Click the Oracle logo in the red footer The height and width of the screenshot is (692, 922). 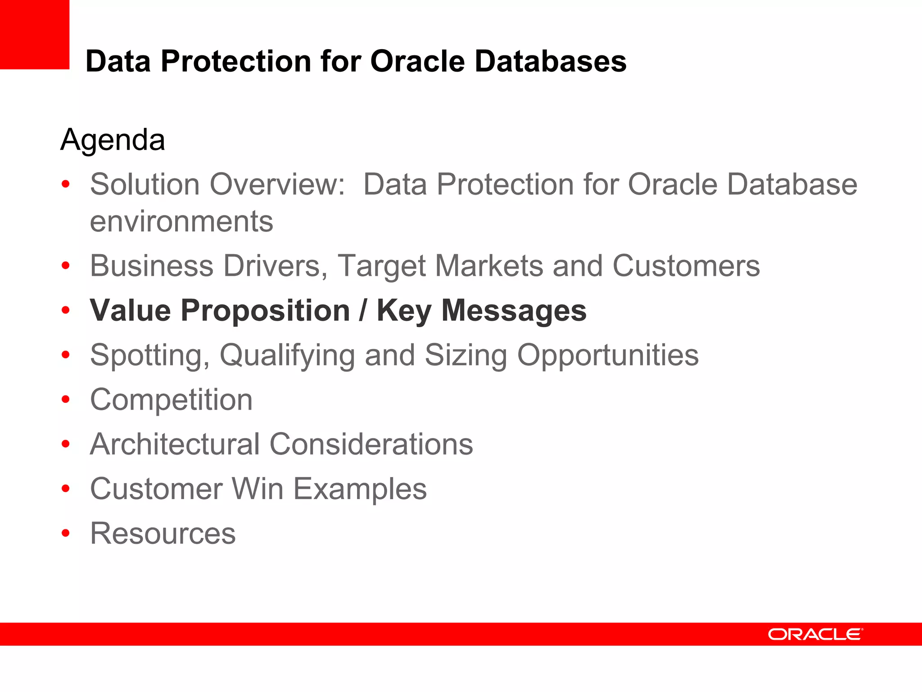(815, 634)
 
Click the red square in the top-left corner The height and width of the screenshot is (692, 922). (34, 34)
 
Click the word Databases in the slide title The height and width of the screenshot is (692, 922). (550, 61)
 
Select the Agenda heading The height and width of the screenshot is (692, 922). (113, 140)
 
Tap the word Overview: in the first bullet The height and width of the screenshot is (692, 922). (277, 185)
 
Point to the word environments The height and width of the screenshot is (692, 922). (181, 222)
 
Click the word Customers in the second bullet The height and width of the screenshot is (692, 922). (686, 266)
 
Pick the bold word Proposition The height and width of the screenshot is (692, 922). (265, 311)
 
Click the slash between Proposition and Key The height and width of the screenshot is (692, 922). (363, 311)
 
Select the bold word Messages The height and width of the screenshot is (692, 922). (514, 311)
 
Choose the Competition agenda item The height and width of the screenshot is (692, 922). (171, 400)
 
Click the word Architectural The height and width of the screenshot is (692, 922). (175, 444)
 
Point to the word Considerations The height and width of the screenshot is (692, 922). (371, 444)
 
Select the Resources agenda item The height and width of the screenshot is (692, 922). (163, 533)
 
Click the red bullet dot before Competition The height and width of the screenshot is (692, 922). (66, 400)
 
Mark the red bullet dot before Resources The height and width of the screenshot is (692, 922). (66, 533)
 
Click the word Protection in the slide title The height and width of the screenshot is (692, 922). (236, 61)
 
